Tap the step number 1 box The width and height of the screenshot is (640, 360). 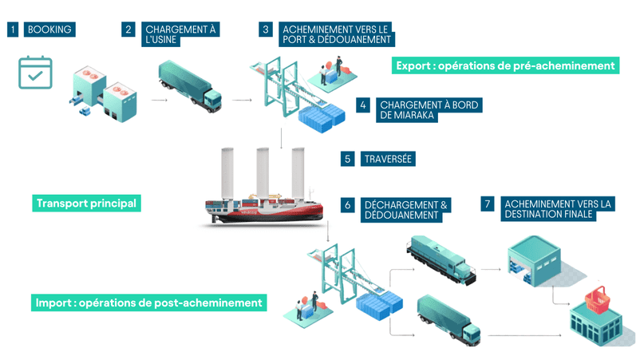point(13,30)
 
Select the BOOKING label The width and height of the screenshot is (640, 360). point(49,30)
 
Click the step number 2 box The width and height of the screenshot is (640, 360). point(128,30)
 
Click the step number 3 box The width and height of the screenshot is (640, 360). point(267,30)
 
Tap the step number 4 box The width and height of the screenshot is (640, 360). point(363,105)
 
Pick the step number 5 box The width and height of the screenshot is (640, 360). point(348,159)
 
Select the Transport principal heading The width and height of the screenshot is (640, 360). point(86,203)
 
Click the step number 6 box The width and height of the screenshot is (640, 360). point(348,205)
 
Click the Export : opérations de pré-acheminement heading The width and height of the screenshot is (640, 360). point(506,65)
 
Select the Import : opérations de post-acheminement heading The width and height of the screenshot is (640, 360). point(148,303)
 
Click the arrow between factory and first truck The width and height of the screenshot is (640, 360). point(160,101)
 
